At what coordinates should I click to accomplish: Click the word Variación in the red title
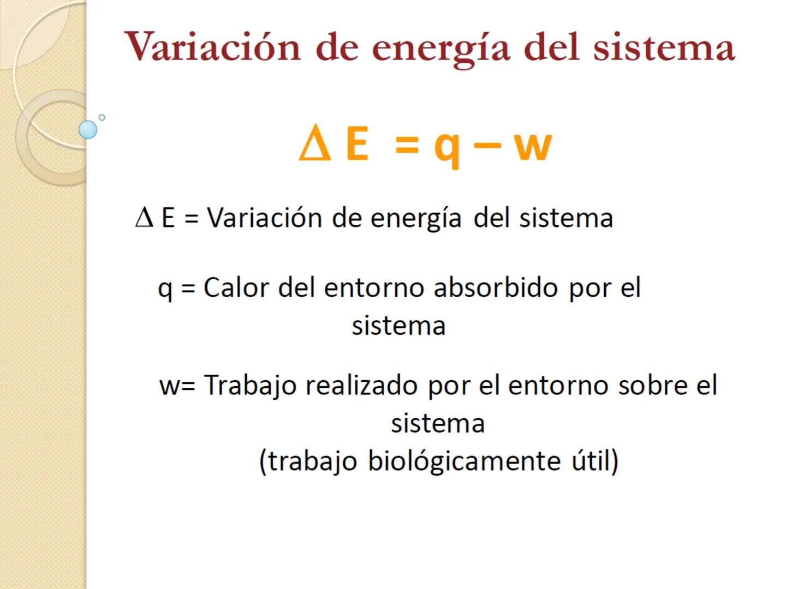pyautogui.click(x=213, y=47)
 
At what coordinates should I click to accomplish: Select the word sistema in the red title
pyautogui.click(x=664, y=47)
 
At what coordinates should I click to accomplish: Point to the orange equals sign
pyautogui.click(x=407, y=146)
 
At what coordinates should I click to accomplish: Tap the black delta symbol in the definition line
pyautogui.click(x=144, y=218)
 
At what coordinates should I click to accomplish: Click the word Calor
pyautogui.click(x=236, y=287)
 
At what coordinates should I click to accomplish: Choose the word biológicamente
pyautogui.click(x=464, y=461)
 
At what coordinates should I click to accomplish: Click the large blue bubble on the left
pyautogui.click(x=88, y=130)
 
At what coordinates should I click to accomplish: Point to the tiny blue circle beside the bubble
pyautogui.click(x=102, y=117)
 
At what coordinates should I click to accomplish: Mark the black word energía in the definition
pyautogui.click(x=416, y=218)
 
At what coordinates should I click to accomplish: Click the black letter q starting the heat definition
pyautogui.click(x=164, y=289)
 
